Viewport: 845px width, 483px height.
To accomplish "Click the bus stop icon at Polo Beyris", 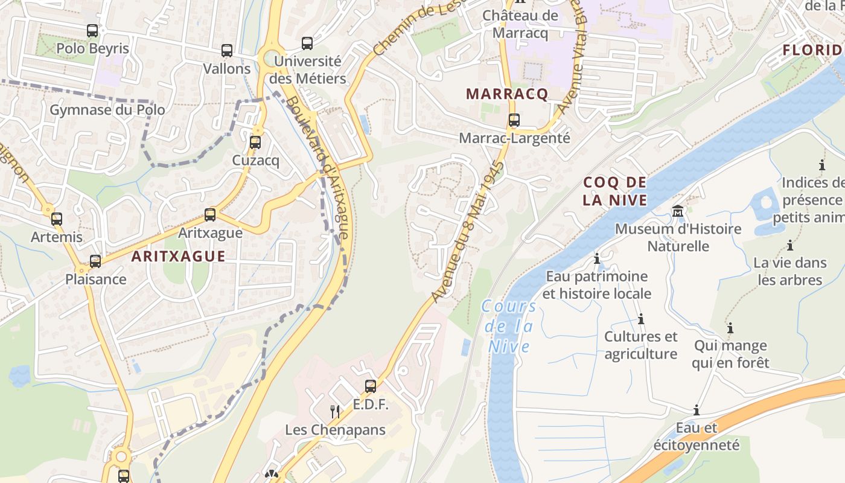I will coord(92,30).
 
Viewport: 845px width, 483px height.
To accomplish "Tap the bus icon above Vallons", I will coord(227,51).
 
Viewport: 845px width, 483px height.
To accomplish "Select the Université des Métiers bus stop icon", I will coord(307,43).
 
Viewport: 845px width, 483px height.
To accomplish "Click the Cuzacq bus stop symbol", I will coord(255,142).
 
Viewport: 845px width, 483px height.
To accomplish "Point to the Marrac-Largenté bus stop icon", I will coord(514,120).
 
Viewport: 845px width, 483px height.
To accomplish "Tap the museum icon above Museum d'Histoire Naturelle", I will coord(678,211).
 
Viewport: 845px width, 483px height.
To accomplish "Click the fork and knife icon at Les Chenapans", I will coord(335,412).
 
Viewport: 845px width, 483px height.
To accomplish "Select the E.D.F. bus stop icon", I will coord(371,386).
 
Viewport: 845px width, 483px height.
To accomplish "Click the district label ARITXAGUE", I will coord(179,256).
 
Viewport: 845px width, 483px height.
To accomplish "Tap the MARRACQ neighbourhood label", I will coord(507,94).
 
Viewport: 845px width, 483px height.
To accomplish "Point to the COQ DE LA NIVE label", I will coord(615,191).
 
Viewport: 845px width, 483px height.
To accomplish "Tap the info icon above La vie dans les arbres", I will coord(789,245).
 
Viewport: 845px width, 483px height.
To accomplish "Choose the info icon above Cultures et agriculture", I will coord(641,319).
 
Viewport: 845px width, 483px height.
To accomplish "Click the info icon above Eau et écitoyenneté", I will coord(697,411).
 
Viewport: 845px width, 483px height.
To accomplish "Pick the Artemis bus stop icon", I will coord(57,219).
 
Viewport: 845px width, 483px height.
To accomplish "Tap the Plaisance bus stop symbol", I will coord(95,261).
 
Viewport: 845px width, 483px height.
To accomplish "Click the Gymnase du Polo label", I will coord(107,110).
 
